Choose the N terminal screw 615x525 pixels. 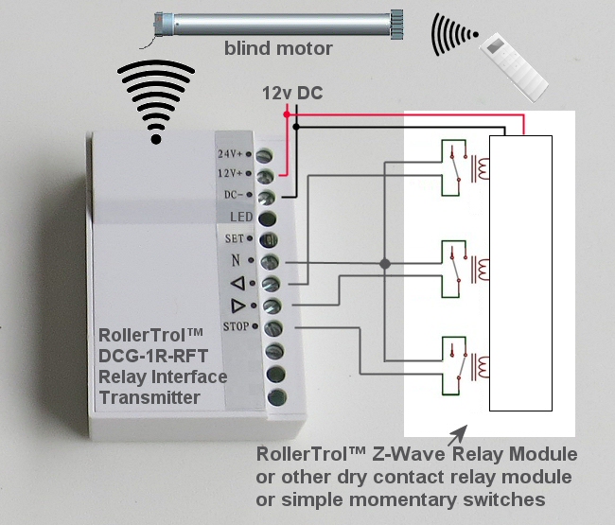coord(269,261)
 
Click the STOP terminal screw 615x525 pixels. coord(269,328)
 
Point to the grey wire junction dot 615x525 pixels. coord(384,265)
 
